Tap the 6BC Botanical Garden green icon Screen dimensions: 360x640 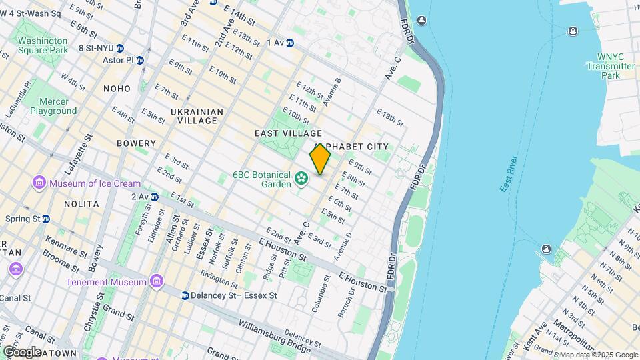[x=302, y=178]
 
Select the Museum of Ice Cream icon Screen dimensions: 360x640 [x=39, y=183]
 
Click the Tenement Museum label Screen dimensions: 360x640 [x=107, y=282]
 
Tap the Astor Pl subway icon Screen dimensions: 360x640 [x=140, y=60]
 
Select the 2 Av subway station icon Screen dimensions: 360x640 [x=155, y=197]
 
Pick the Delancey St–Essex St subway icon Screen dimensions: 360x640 [x=184, y=295]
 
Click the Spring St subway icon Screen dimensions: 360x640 [x=46, y=219]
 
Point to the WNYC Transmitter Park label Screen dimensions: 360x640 [x=610, y=66]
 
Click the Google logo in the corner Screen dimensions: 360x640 [x=22, y=351]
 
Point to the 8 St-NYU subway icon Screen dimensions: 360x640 [x=120, y=48]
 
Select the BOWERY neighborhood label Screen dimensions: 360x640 [x=136, y=143]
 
